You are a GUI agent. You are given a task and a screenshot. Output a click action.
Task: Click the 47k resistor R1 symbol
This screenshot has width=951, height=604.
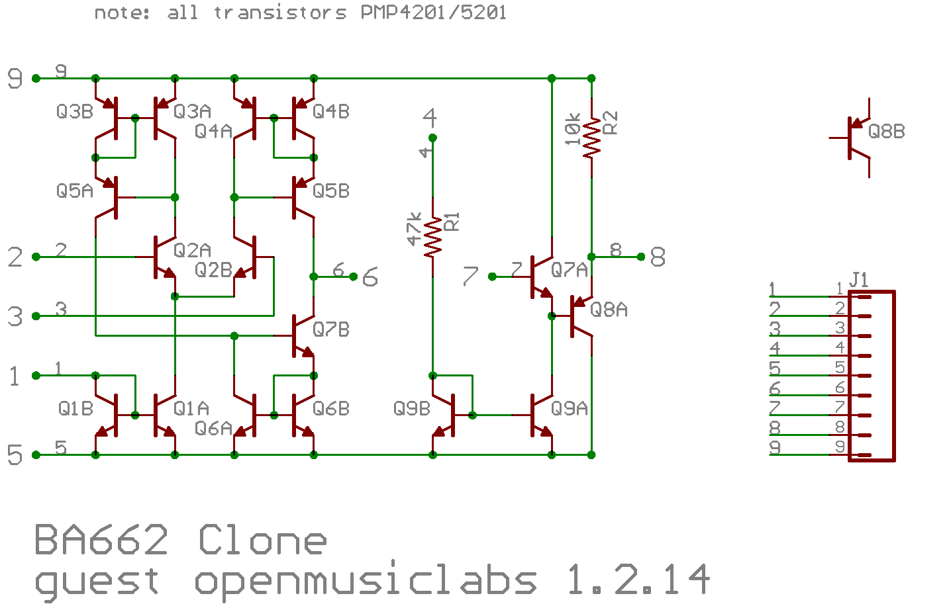(x=432, y=237)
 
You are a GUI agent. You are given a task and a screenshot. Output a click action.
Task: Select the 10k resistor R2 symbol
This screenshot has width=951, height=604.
(x=591, y=138)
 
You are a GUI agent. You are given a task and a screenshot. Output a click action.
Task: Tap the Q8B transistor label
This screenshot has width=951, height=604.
(x=886, y=132)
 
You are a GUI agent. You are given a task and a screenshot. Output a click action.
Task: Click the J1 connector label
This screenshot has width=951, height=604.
(x=858, y=280)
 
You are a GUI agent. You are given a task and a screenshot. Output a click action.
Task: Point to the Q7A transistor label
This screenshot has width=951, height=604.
(x=569, y=270)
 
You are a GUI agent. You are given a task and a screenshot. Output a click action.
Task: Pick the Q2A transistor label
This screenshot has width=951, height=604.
(x=192, y=250)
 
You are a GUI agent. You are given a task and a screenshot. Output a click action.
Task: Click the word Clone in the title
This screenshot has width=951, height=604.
(x=262, y=540)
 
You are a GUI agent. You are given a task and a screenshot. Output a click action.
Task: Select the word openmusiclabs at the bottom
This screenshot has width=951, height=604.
(x=365, y=582)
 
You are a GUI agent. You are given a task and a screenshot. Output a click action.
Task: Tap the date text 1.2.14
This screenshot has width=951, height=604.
(x=638, y=580)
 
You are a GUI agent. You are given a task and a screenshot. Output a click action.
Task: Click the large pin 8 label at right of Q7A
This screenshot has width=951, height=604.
(x=658, y=257)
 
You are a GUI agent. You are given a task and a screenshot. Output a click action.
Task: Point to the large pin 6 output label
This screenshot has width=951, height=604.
(x=370, y=277)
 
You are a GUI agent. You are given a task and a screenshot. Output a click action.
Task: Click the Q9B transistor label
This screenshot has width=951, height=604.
(x=411, y=409)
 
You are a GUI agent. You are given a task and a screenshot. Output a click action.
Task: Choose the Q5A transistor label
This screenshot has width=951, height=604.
(x=74, y=191)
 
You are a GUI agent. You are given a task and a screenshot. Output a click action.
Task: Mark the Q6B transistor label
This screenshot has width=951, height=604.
(x=330, y=409)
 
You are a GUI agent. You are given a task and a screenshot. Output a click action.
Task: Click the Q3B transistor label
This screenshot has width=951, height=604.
(x=74, y=112)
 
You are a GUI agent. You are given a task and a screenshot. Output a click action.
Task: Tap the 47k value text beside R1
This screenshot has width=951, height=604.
(x=414, y=229)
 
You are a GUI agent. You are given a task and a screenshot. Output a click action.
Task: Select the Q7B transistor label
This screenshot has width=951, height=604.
(x=330, y=329)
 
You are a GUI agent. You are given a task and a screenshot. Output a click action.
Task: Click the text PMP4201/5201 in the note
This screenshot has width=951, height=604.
(x=433, y=13)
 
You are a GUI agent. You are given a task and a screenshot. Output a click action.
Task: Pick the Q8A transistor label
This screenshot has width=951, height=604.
(x=609, y=310)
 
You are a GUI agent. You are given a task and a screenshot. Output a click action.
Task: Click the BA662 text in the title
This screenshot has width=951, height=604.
(x=101, y=540)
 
